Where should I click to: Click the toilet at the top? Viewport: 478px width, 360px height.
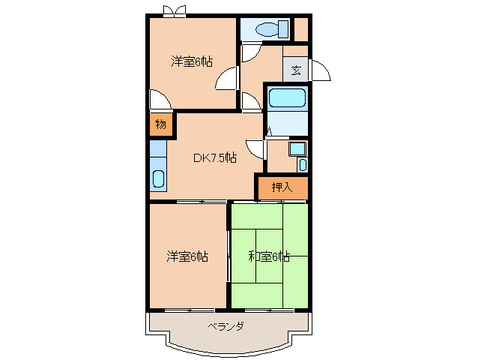click(x=267, y=29)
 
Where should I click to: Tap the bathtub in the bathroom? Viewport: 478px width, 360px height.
click(x=286, y=98)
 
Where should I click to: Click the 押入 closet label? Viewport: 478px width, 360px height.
click(x=282, y=187)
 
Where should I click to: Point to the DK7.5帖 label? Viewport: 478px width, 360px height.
click(x=215, y=157)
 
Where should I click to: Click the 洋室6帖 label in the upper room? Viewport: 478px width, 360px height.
click(x=191, y=61)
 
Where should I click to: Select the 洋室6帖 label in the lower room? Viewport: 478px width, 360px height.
click(x=187, y=257)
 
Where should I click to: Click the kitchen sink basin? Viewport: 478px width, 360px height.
click(x=158, y=179)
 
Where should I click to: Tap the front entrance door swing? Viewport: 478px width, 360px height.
click(x=320, y=70)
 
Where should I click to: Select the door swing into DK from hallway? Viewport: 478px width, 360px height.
click(x=256, y=148)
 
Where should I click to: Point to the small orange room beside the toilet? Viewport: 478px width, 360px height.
click(x=300, y=29)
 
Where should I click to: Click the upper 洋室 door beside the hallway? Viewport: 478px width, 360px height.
click(x=226, y=81)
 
